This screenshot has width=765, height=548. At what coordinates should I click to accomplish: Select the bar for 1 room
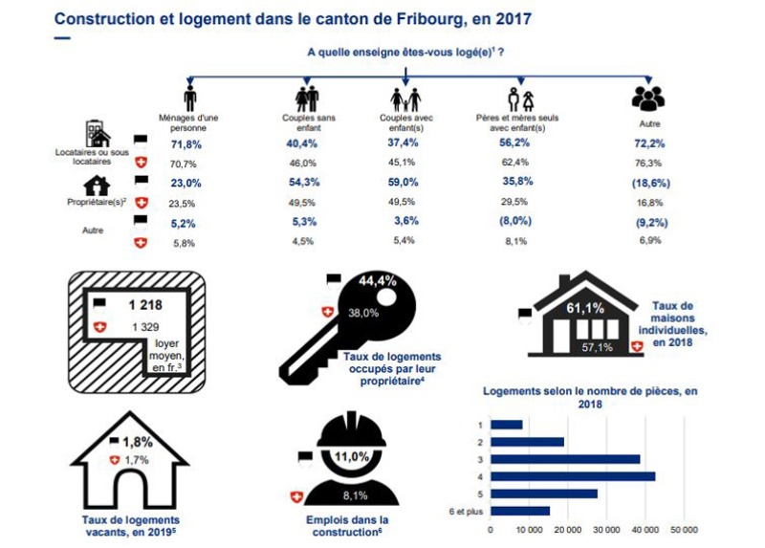507,424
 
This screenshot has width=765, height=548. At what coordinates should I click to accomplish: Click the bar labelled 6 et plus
520,511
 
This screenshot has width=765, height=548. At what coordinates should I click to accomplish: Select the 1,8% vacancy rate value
138,442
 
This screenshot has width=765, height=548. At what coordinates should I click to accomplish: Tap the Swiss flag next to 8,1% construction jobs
296,495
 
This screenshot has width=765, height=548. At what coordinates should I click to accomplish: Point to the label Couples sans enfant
305,121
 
